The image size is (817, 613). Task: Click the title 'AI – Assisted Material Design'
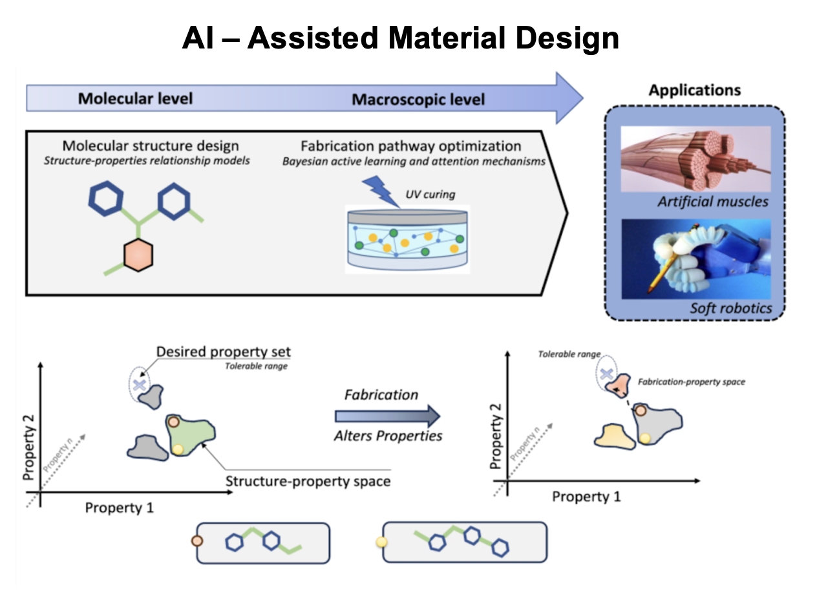click(x=400, y=39)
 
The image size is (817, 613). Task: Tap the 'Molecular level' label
click(x=135, y=99)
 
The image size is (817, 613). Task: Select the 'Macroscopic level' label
click(x=418, y=100)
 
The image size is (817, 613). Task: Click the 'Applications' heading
click(x=695, y=90)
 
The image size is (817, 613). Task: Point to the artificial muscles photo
click(x=695, y=158)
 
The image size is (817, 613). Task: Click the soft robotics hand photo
click(x=695, y=259)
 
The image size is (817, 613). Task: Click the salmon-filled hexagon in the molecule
click(x=138, y=254)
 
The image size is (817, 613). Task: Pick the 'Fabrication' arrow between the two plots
click(x=387, y=416)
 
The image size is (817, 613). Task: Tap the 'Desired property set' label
click(x=224, y=352)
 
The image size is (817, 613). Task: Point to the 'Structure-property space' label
click(x=308, y=482)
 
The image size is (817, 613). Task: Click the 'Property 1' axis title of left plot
click(x=120, y=508)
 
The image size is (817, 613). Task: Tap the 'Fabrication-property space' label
click(x=692, y=382)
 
